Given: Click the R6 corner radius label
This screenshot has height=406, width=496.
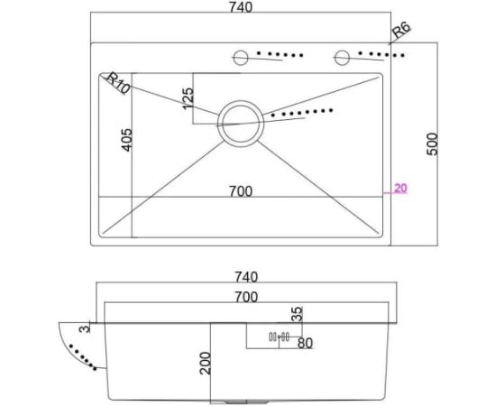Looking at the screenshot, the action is tap(401, 30).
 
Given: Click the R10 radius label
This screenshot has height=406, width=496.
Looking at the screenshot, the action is tap(117, 83).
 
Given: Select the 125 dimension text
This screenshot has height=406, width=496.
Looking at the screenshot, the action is tap(188, 98).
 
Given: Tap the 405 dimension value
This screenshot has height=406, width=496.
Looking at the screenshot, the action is tap(127, 140).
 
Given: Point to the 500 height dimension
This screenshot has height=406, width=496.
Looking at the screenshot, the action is tap(432, 144).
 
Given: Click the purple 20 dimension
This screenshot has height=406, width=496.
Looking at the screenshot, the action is tap(400, 189).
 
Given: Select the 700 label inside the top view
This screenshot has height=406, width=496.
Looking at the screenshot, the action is tap(241, 191).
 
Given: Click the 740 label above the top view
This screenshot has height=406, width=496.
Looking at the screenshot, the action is tap(241, 7).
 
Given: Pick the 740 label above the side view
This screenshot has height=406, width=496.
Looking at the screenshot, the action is tap(246, 277).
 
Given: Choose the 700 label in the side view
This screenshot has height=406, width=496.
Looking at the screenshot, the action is tap(246, 297).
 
